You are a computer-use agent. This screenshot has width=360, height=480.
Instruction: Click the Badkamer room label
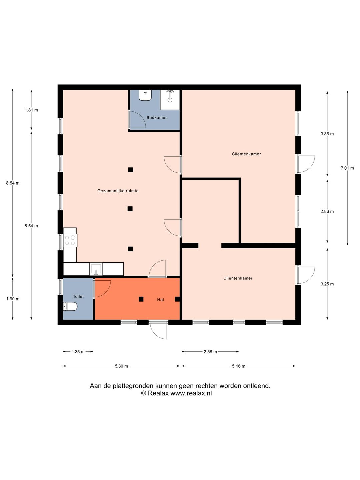(157, 118)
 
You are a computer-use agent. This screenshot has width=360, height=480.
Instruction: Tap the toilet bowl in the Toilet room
(70, 307)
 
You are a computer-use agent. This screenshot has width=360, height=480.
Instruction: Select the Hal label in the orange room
(160, 300)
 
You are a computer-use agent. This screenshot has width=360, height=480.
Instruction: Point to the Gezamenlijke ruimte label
(118, 191)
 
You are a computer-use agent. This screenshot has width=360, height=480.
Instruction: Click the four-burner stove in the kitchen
(70, 240)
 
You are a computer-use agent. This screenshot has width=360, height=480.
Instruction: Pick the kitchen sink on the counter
(96, 269)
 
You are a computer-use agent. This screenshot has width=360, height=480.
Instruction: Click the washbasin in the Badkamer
(145, 95)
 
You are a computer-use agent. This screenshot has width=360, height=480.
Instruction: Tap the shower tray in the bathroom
(170, 100)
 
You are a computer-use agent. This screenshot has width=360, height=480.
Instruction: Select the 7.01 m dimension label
(347, 168)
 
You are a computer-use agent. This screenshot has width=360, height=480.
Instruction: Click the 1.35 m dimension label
(78, 352)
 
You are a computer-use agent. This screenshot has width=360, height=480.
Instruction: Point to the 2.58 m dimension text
(210, 352)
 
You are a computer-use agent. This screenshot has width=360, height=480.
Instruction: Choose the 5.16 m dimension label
(238, 366)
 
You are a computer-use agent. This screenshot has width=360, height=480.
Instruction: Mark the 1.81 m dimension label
(31, 110)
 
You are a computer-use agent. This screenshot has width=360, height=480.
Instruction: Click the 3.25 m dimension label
(327, 284)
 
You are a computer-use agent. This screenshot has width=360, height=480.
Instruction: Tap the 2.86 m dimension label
(327, 211)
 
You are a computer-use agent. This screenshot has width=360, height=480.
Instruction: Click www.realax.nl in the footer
(191, 393)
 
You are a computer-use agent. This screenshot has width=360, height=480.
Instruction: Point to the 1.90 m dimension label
(13, 299)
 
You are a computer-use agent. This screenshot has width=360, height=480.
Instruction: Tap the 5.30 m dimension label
(121, 366)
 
